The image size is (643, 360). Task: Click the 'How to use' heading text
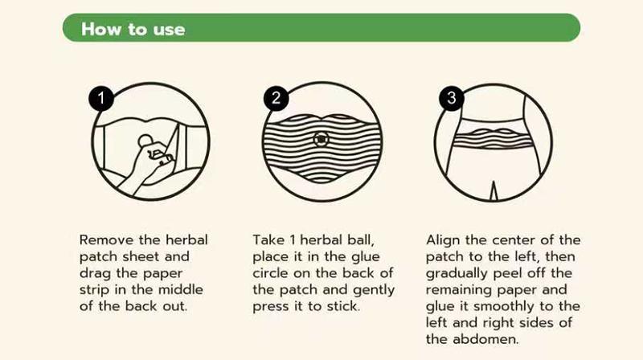point(133,30)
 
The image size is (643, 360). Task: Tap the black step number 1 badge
point(100,99)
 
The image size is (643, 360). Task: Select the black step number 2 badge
point(276,99)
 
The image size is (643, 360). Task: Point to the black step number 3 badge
point(451,99)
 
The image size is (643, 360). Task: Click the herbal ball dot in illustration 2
point(321,139)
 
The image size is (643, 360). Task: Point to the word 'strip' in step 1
point(97,289)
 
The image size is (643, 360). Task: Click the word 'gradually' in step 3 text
point(455,273)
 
